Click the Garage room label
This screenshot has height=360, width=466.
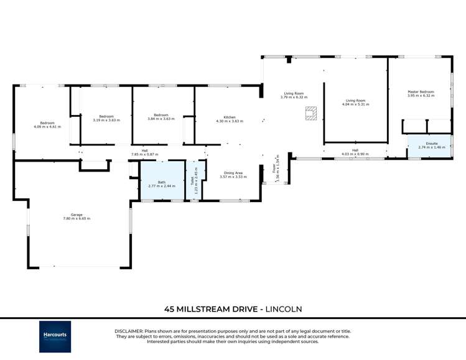coord(77,215)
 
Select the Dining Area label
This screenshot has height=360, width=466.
coord(233,173)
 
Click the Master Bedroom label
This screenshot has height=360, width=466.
coord(421,92)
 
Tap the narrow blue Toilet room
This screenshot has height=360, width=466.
coord(195,180)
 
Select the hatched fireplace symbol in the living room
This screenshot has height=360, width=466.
coord(310,113)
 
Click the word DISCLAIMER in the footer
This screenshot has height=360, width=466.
coord(129,331)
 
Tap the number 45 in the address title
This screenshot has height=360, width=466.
coord(169,308)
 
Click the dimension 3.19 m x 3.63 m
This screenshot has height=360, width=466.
coord(106,120)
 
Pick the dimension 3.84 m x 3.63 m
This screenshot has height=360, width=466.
coord(161,119)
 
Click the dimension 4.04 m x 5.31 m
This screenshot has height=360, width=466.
coord(355,104)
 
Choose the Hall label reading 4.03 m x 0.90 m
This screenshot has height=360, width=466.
coord(355,154)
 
